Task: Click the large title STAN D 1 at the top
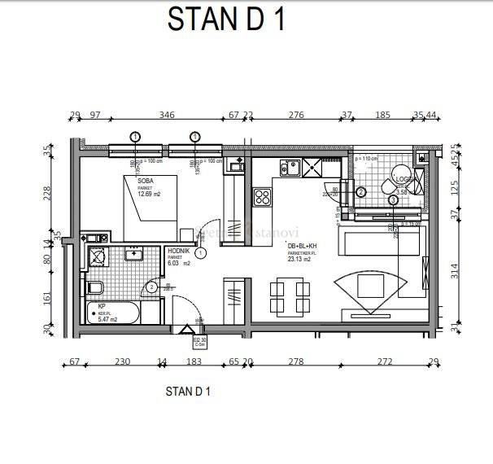pos(226,19)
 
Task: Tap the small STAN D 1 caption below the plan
pos(188,392)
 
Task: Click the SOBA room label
pos(146,181)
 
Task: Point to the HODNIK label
pos(179,252)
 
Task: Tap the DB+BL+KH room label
pos(302,246)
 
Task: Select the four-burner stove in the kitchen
pos(263,196)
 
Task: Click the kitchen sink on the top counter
pos(290,169)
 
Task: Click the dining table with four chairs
pos(290,297)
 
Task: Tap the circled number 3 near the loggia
pos(393,199)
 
